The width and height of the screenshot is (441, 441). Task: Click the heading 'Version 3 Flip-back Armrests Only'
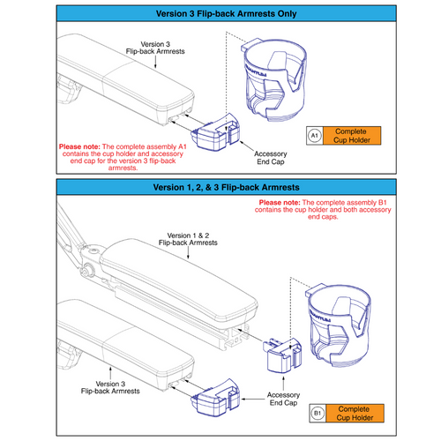[x=220, y=14]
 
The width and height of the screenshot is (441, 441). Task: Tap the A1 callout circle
[x=314, y=135]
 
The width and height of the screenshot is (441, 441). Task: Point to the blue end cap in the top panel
[x=213, y=138]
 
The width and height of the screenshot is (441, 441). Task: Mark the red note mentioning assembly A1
[x=127, y=156]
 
